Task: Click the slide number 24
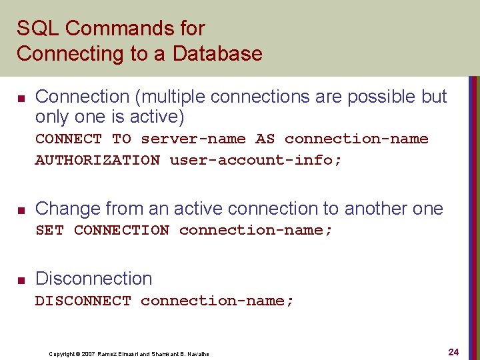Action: (x=454, y=351)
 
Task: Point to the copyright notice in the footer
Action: (x=129, y=354)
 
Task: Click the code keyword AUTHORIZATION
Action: (x=97, y=160)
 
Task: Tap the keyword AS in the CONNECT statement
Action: (x=265, y=139)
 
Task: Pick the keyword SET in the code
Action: (x=49, y=230)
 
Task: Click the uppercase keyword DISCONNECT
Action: (x=83, y=301)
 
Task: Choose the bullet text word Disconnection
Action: (x=93, y=279)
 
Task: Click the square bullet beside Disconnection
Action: (x=21, y=280)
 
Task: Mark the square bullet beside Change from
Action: (x=21, y=211)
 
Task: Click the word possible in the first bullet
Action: (x=384, y=97)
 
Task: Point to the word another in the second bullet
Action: (x=377, y=209)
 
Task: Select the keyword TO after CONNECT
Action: (x=121, y=139)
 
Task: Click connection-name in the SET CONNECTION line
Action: (x=255, y=230)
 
